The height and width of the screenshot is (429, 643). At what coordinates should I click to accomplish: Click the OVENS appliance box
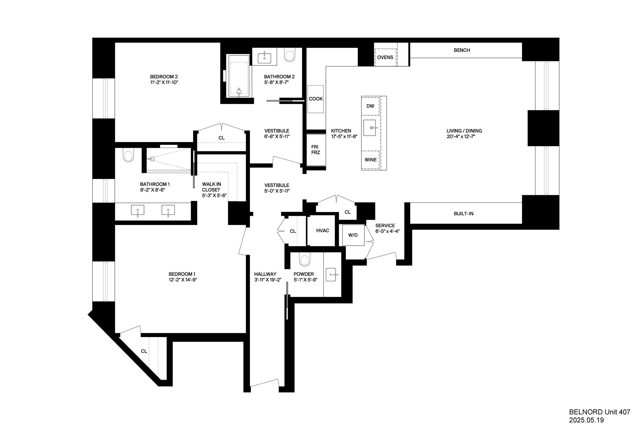click(x=385, y=57)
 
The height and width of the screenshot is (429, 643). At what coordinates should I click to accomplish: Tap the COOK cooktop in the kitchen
click(x=315, y=99)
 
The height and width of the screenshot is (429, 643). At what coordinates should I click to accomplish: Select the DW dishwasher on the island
click(x=370, y=106)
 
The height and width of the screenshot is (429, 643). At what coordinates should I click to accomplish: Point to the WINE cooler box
click(x=370, y=160)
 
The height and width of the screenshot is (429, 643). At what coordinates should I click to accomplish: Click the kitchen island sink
click(x=370, y=128)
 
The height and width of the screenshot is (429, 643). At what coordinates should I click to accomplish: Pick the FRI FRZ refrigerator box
click(x=315, y=149)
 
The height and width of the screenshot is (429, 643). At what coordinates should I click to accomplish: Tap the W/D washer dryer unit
click(x=353, y=235)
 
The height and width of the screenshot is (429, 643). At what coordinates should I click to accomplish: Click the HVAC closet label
click(x=323, y=231)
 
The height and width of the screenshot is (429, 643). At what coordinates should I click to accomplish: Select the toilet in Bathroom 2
click(x=289, y=55)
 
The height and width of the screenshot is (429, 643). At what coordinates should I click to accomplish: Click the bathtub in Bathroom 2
click(x=239, y=76)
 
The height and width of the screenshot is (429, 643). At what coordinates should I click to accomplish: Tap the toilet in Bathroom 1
click(x=128, y=155)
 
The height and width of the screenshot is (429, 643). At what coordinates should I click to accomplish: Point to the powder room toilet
click(x=305, y=260)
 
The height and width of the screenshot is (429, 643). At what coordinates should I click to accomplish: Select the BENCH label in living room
click(x=462, y=50)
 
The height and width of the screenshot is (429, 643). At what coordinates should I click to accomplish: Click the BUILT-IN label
click(x=463, y=213)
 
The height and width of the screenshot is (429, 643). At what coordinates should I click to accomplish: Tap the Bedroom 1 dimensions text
click(x=183, y=280)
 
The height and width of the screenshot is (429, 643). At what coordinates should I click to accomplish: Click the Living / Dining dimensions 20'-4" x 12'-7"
click(x=464, y=136)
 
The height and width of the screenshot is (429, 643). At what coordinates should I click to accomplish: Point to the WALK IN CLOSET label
click(x=212, y=190)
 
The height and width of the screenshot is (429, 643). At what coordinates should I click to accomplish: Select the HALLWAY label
click(x=265, y=274)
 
